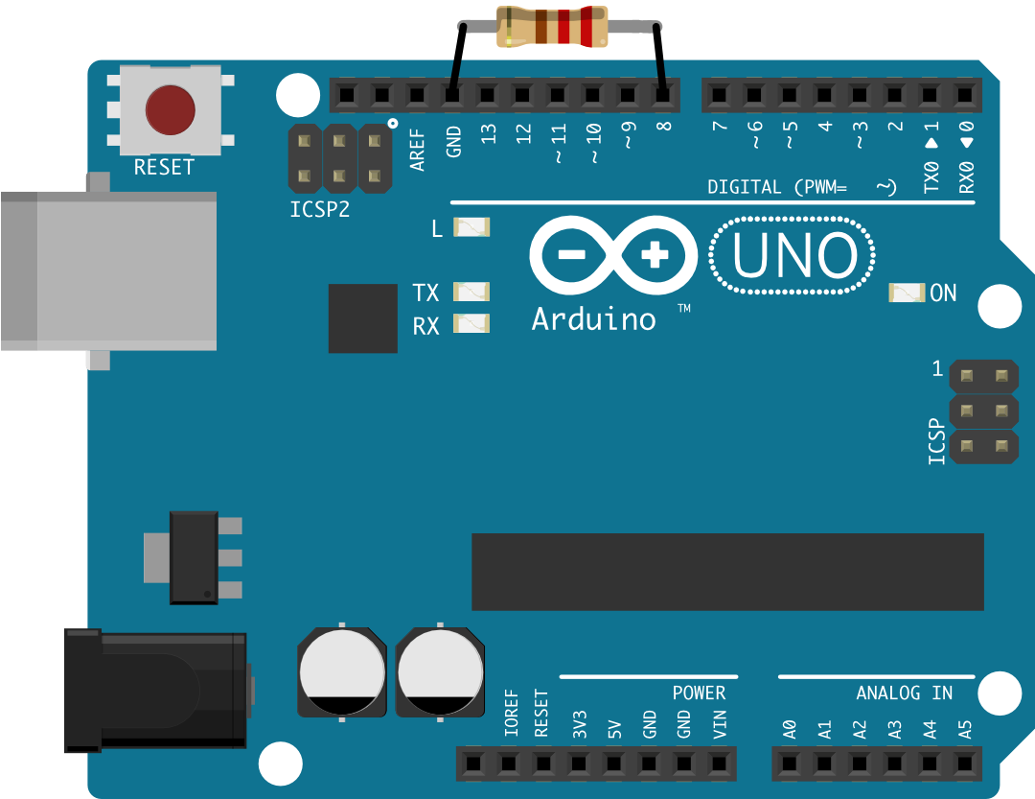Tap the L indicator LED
(x=471, y=227)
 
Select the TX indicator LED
(x=471, y=291)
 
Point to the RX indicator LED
(x=471, y=323)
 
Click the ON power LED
(x=907, y=293)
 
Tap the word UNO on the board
(x=793, y=256)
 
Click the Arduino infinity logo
(x=613, y=255)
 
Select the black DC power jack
(x=153, y=688)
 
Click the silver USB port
(x=107, y=270)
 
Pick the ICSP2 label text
(x=319, y=209)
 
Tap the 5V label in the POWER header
(x=614, y=727)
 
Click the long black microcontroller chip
(x=727, y=572)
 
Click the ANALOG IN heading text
(x=904, y=693)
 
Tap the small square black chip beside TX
(x=362, y=317)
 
